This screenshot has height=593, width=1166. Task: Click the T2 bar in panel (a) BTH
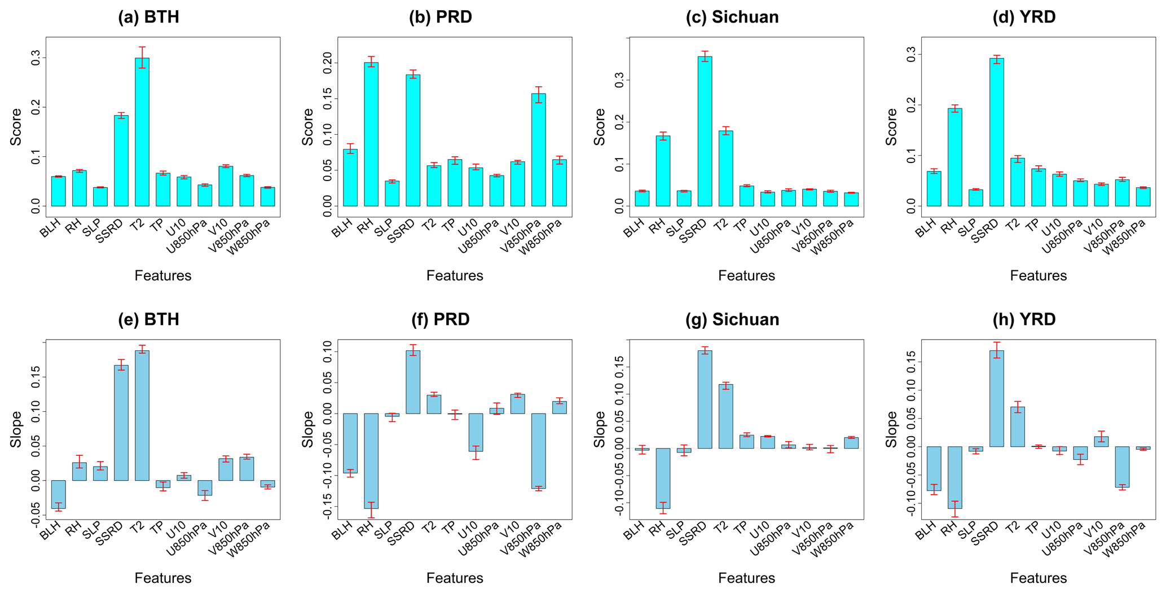(142, 132)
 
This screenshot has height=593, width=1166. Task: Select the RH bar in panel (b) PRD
(371, 134)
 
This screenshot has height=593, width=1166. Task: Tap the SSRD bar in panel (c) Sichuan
(705, 131)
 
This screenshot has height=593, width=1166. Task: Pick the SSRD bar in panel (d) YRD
(997, 132)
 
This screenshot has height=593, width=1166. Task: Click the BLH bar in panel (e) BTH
(59, 494)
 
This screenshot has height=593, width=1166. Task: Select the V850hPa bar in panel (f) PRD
(539, 451)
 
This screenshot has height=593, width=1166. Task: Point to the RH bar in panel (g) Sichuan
(663, 478)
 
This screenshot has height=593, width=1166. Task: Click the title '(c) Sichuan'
(732, 17)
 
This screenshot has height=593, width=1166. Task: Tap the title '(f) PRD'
(441, 319)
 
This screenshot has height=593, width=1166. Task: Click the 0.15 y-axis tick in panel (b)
(328, 99)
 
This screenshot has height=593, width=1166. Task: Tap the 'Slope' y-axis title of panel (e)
(16, 429)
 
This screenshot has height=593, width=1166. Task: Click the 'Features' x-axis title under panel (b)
(455, 275)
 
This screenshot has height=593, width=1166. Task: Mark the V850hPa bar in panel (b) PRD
(539, 150)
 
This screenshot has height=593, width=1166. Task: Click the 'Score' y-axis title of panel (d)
(891, 127)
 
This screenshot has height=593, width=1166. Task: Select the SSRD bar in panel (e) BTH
(121, 423)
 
